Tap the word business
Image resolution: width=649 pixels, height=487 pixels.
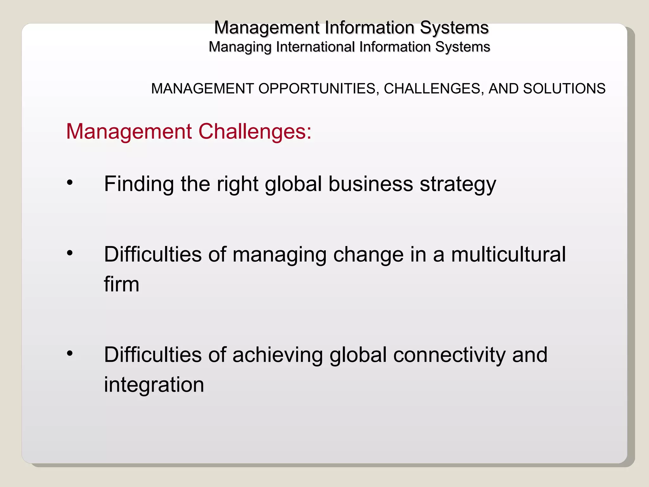(x=371, y=184)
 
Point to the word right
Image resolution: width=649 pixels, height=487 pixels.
(x=237, y=185)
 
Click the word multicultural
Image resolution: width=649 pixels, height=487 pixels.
(x=508, y=254)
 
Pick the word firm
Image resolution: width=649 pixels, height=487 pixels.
(x=122, y=284)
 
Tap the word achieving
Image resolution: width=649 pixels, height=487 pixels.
(x=278, y=355)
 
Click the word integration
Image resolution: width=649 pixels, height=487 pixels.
(x=154, y=385)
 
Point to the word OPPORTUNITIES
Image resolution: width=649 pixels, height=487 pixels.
(x=317, y=89)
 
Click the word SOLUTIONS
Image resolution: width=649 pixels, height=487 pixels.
(x=564, y=89)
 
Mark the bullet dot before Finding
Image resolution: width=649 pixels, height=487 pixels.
(x=70, y=183)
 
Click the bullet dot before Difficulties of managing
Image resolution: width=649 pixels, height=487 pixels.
(x=70, y=253)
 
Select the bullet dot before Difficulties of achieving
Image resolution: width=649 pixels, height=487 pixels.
(x=70, y=353)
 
